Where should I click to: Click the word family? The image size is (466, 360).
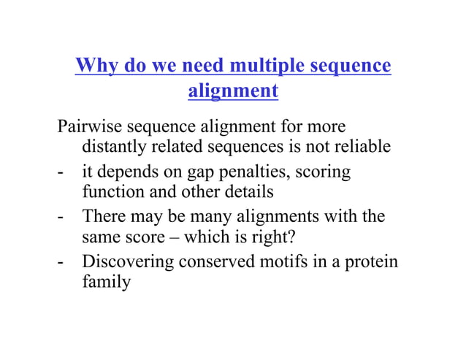pyautogui.click(x=106, y=282)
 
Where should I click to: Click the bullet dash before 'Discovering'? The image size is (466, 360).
pyautogui.click(x=62, y=262)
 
